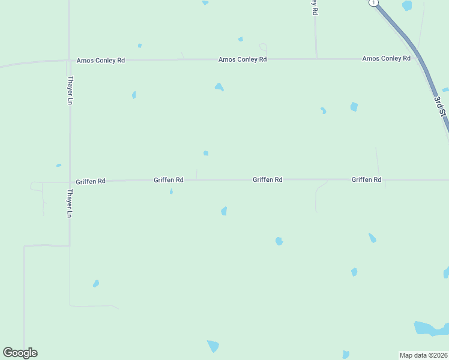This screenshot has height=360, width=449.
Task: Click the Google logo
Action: click(x=20, y=353)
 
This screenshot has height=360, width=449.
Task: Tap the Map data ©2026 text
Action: click(x=424, y=355)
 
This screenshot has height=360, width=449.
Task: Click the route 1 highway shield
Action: click(x=374, y=3)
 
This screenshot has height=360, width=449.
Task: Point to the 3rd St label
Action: click(x=441, y=106)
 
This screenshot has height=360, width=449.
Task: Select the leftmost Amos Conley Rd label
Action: click(x=101, y=61)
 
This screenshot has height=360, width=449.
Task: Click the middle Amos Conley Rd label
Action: click(x=243, y=59)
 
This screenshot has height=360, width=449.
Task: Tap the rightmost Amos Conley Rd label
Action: click(x=386, y=58)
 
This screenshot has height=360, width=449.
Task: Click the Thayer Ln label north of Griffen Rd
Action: click(x=70, y=90)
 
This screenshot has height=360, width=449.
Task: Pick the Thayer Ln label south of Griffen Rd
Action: click(x=70, y=203)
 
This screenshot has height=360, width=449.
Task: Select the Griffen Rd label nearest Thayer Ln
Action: click(x=91, y=181)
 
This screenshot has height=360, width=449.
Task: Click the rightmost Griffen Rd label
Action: click(x=366, y=179)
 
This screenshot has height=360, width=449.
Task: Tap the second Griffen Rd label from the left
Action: click(x=169, y=180)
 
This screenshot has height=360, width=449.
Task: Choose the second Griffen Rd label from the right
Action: click(x=268, y=179)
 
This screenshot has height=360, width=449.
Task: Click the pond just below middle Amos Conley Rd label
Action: click(x=219, y=87)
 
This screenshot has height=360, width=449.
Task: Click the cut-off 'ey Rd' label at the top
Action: click(x=315, y=7)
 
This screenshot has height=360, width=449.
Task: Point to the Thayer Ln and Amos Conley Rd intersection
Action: click(x=69, y=60)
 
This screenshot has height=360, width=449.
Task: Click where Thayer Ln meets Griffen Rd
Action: click(x=70, y=181)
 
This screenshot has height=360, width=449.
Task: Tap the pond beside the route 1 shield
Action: click(x=407, y=6)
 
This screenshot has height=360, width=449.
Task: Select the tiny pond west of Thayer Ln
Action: click(x=59, y=165)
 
